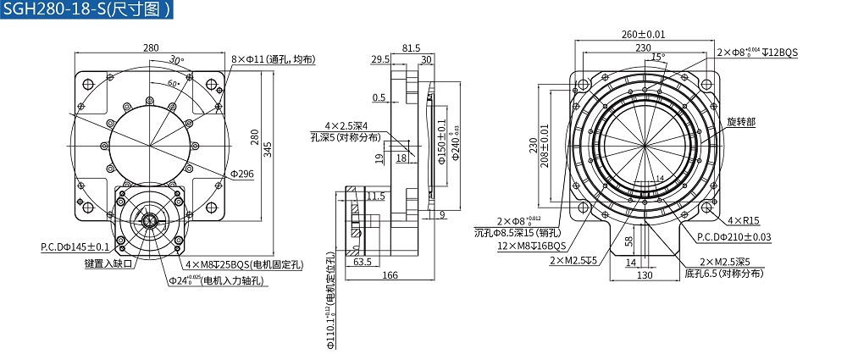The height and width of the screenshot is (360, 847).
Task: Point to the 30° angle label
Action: click(x=176, y=60)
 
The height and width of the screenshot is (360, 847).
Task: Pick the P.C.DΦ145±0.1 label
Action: click(x=75, y=247)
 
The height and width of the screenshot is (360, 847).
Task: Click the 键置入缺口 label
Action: click(x=108, y=263)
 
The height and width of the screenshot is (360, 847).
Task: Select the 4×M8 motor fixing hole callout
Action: click(x=243, y=264)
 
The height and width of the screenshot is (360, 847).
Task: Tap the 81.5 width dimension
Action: click(x=410, y=48)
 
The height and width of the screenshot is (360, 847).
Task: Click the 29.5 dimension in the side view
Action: click(x=380, y=59)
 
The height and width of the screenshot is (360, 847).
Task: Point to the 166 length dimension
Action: click(x=390, y=275)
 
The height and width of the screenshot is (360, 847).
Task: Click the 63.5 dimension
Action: click(x=363, y=262)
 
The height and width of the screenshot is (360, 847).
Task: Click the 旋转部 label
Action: click(x=740, y=122)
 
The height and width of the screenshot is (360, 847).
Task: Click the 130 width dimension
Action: click(x=645, y=276)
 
